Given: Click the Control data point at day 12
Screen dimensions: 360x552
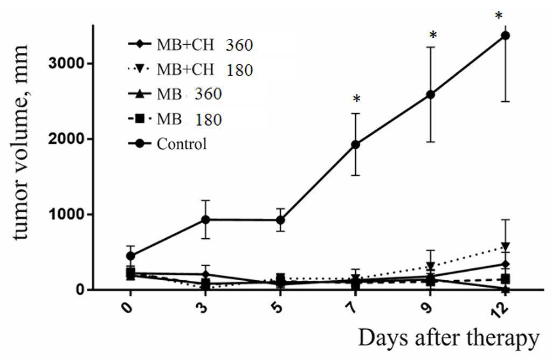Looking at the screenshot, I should point(505,36).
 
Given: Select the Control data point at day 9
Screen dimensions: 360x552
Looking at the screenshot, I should point(431,94).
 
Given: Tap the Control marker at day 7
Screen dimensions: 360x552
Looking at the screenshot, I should point(355,144).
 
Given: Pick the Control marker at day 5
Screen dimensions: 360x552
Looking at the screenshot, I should point(280,220).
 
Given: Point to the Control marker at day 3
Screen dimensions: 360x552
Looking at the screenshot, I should point(205,219).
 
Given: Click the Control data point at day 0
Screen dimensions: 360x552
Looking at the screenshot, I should point(130,255).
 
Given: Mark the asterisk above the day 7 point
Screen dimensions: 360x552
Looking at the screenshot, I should point(356,100).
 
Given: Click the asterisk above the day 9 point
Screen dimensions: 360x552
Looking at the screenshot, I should point(432,36).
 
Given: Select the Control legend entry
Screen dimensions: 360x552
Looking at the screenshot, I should point(168,144).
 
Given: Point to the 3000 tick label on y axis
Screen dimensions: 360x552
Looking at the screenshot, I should point(67,64).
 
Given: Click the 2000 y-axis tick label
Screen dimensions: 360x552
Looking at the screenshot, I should point(67,139).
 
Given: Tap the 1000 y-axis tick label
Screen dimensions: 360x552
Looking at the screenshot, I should point(67,214).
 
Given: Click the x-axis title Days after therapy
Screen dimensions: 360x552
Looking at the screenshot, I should point(448,338).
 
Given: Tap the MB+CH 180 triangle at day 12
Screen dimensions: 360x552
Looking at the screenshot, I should point(505,247).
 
